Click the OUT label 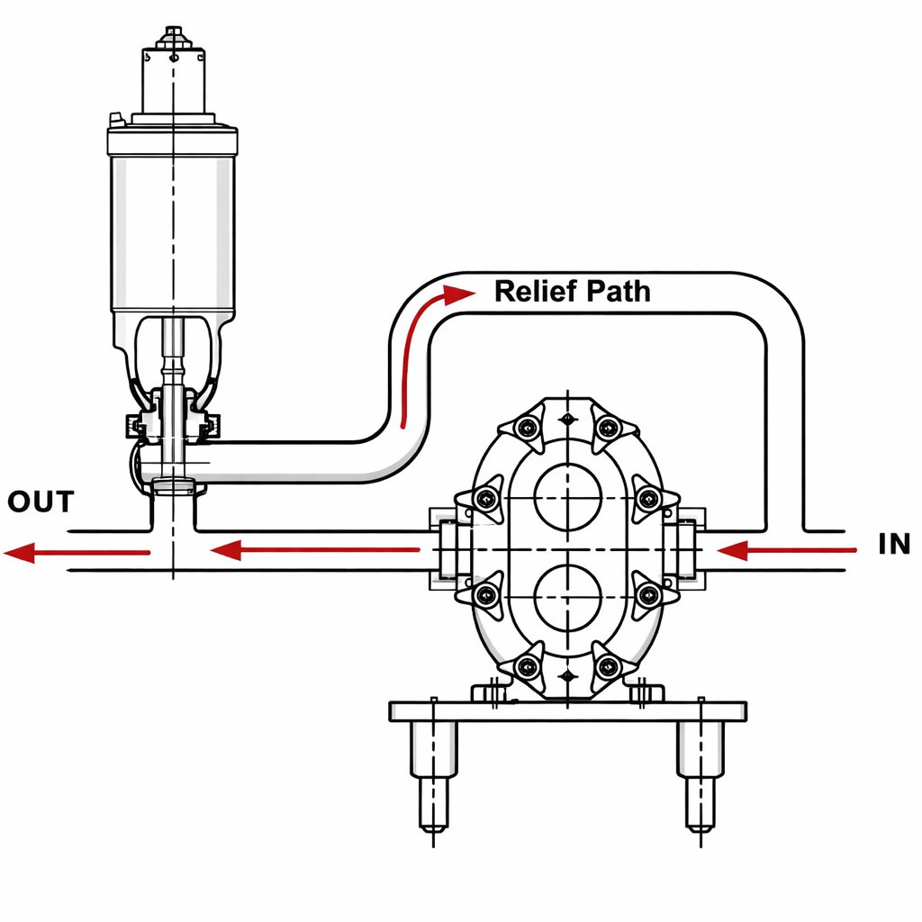coord(40,502)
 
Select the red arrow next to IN coord(785,549)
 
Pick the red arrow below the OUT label coord(77,552)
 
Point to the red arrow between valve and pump coord(315,549)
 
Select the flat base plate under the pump coord(567,711)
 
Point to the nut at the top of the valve coord(172,36)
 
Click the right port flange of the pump coord(690,549)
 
